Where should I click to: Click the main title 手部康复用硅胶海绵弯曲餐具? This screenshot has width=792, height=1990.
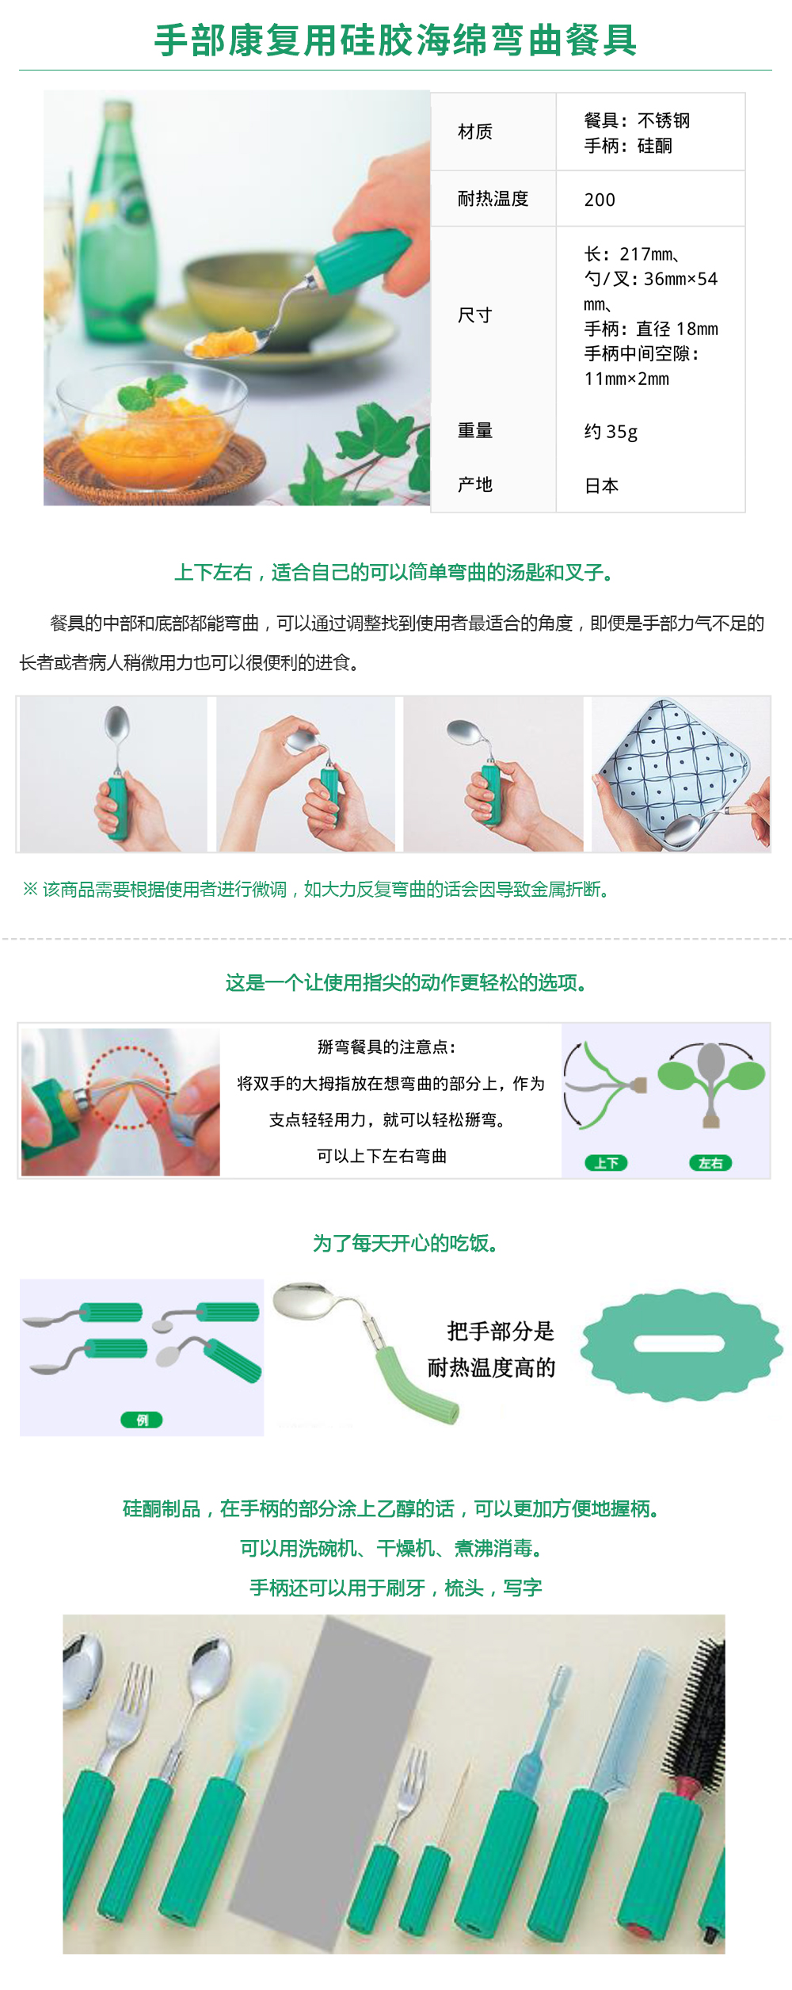click(395, 40)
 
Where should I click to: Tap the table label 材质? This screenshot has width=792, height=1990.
click(475, 132)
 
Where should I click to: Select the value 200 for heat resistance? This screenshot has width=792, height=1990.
click(600, 200)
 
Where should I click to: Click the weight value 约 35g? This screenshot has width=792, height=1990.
click(611, 432)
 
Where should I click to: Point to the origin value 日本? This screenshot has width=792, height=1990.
click(601, 486)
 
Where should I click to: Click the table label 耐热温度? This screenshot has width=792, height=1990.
click(493, 199)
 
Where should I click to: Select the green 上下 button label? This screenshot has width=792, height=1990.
click(606, 1163)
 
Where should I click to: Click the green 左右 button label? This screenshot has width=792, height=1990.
click(710, 1163)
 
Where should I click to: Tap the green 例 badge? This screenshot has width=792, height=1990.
click(142, 1420)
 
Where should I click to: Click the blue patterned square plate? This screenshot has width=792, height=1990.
click(673, 761)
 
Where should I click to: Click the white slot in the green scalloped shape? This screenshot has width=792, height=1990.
click(680, 1344)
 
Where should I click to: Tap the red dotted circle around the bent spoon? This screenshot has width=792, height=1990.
click(128, 1087)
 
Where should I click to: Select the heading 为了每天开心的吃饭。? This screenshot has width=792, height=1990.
click(405, 1243)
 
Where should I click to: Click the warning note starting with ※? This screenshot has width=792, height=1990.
click(317, 890)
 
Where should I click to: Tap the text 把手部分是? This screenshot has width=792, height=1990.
click(501, 1331)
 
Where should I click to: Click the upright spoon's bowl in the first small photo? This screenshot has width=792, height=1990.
click(117, 723)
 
